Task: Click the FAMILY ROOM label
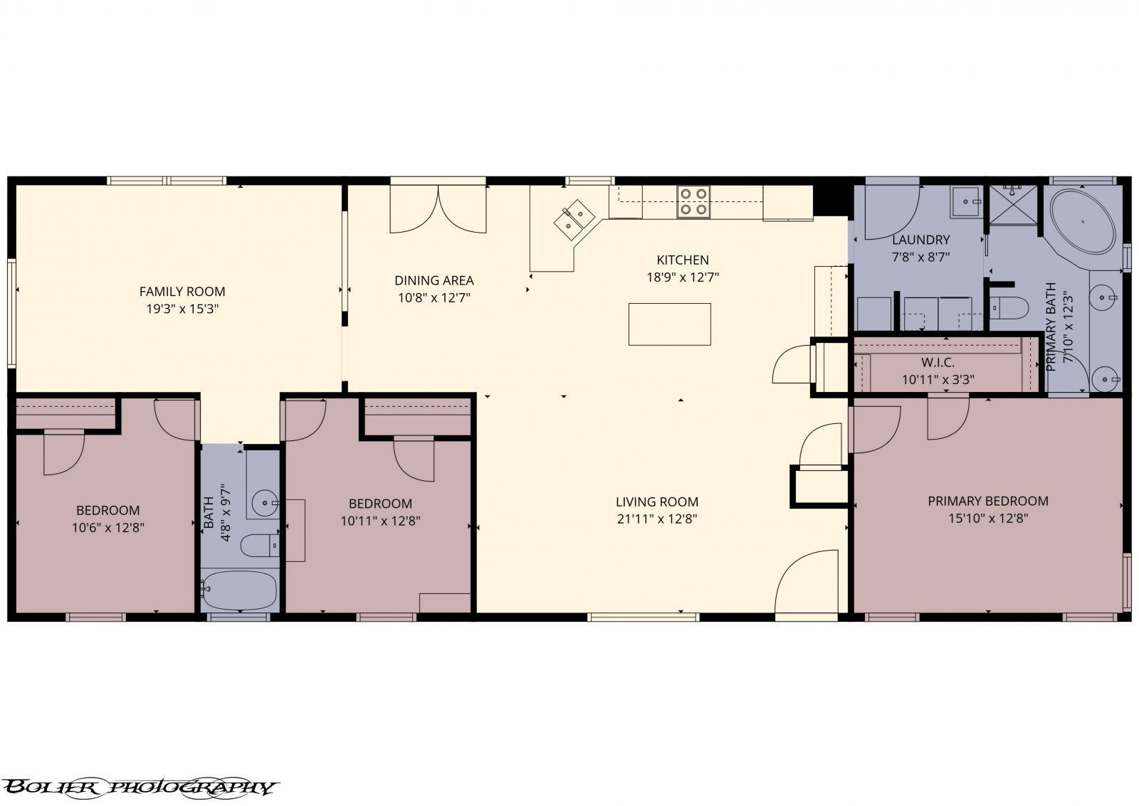[x=182, y=291]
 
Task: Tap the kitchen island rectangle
[x=669, y=324]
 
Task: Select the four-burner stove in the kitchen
[x=693, y=201]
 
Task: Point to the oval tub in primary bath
[x=1083, y=221]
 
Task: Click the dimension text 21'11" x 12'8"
[x=656, y=519]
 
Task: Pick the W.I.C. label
[x=938, y=363]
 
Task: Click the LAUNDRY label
[x=920, y=240]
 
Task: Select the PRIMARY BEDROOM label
[x=987, y=502]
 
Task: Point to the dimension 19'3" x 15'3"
[x=182, y=309]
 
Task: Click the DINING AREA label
[x=434, y=280]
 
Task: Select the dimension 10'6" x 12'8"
[x=108, y=528]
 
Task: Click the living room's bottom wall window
[x=644, y=617]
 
